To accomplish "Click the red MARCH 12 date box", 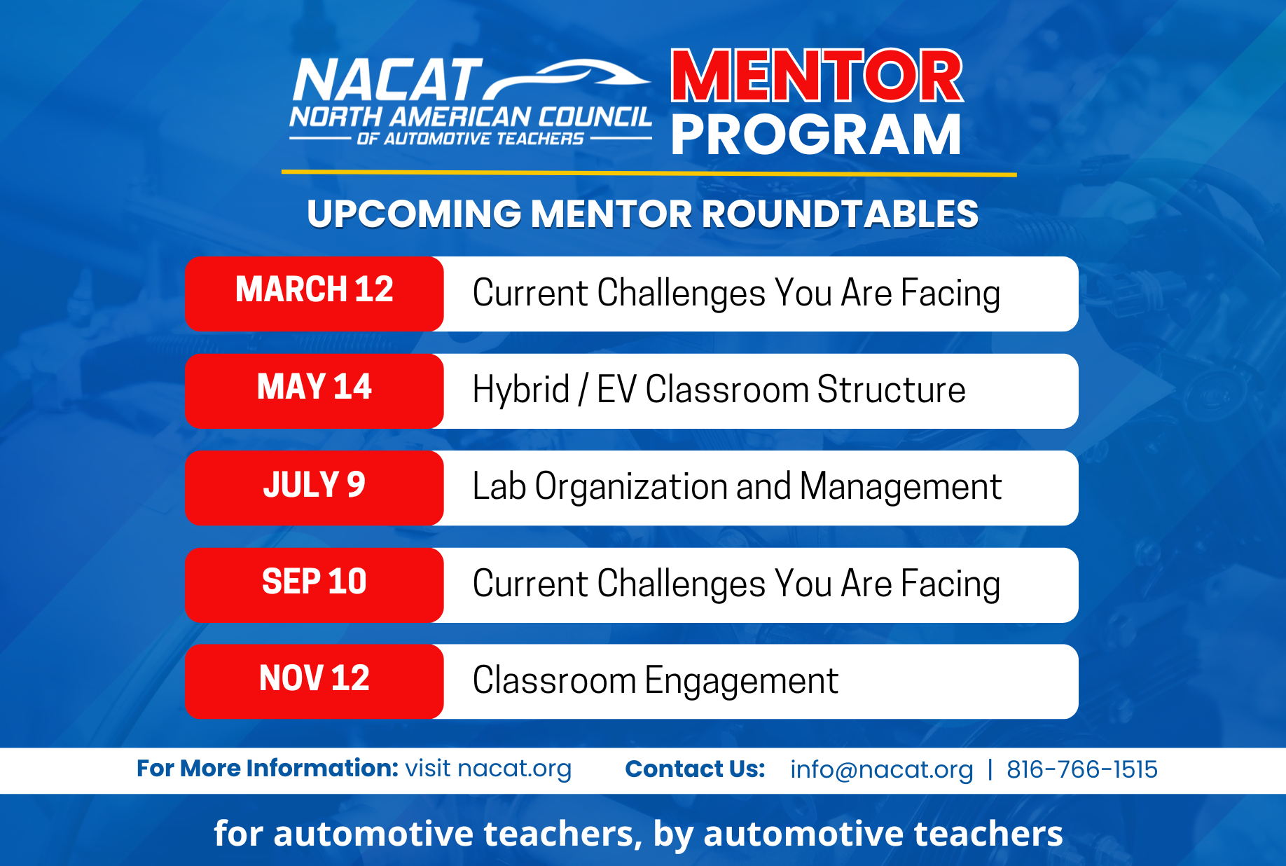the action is click(x=314, y=294).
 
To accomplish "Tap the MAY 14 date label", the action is click(x=314, y=387).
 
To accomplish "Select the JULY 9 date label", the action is click(x=314, y=484).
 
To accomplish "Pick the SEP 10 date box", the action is click(x=314, y=585).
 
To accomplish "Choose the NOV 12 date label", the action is click(x=314, y=678).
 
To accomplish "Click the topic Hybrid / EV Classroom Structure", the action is click(x=719, y=390).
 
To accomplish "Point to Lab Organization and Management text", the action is click(x=737, y=487).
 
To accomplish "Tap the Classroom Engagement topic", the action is click(x=656, y=681).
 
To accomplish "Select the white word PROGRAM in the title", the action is click(x=816, y=135).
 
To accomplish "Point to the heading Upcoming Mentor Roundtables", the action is click(x=642, y=214).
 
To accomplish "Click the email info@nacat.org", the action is click(x=882, y=770).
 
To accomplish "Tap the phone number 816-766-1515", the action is click(x=1082, y=769).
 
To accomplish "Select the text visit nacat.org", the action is click(x=489, y=769).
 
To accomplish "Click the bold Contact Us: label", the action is click(x=695, y=769).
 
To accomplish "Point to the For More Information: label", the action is click(x=268, y=769).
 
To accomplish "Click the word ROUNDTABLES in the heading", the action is click(x=840, y=214).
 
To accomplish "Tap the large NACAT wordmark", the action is click(x=387, y=80).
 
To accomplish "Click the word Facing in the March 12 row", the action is click(x=950, y=293).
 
